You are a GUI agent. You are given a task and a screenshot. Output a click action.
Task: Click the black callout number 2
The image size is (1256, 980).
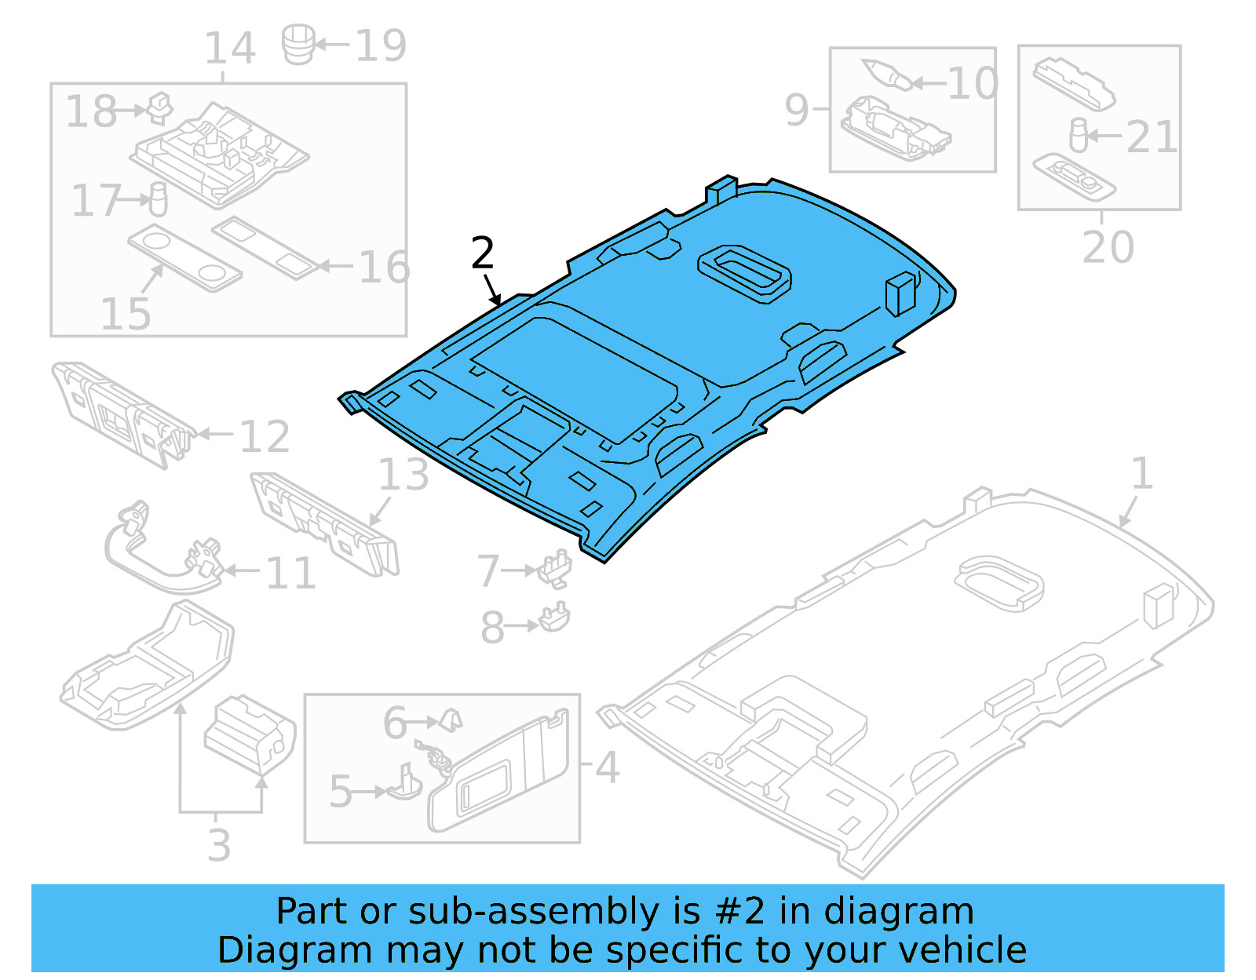(x=483, y=253)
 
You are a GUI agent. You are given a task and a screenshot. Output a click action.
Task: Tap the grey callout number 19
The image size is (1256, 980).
(x=382, y=46)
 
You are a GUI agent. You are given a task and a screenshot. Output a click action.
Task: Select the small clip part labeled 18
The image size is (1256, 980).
(x=160, y=107)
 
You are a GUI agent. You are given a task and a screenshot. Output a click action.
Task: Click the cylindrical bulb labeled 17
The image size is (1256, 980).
(x=159, y=199)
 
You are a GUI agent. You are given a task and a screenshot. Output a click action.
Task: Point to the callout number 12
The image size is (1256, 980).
(x=265, y=436)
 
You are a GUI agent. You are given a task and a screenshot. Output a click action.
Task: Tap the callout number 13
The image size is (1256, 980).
(x=403, y=475)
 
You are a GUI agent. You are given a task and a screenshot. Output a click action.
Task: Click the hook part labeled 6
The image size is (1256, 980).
(x=451, y=720)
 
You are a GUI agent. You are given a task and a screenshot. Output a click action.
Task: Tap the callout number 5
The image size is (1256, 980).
(x=341, y=791)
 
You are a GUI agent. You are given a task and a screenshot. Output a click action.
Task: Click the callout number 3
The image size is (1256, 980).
(x=219, y=845)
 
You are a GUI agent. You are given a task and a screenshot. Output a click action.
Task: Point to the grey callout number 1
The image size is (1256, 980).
(x=1141, y=474)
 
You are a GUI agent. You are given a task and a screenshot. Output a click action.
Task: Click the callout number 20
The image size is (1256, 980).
(x=1108, y=247)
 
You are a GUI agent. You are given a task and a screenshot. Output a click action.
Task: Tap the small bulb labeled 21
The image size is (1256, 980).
(x=1079, y=135)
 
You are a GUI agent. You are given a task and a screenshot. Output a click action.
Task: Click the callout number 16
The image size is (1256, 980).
(x=385, y=267)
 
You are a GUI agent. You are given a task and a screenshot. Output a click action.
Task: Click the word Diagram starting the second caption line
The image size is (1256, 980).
(x=294, y=949)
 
